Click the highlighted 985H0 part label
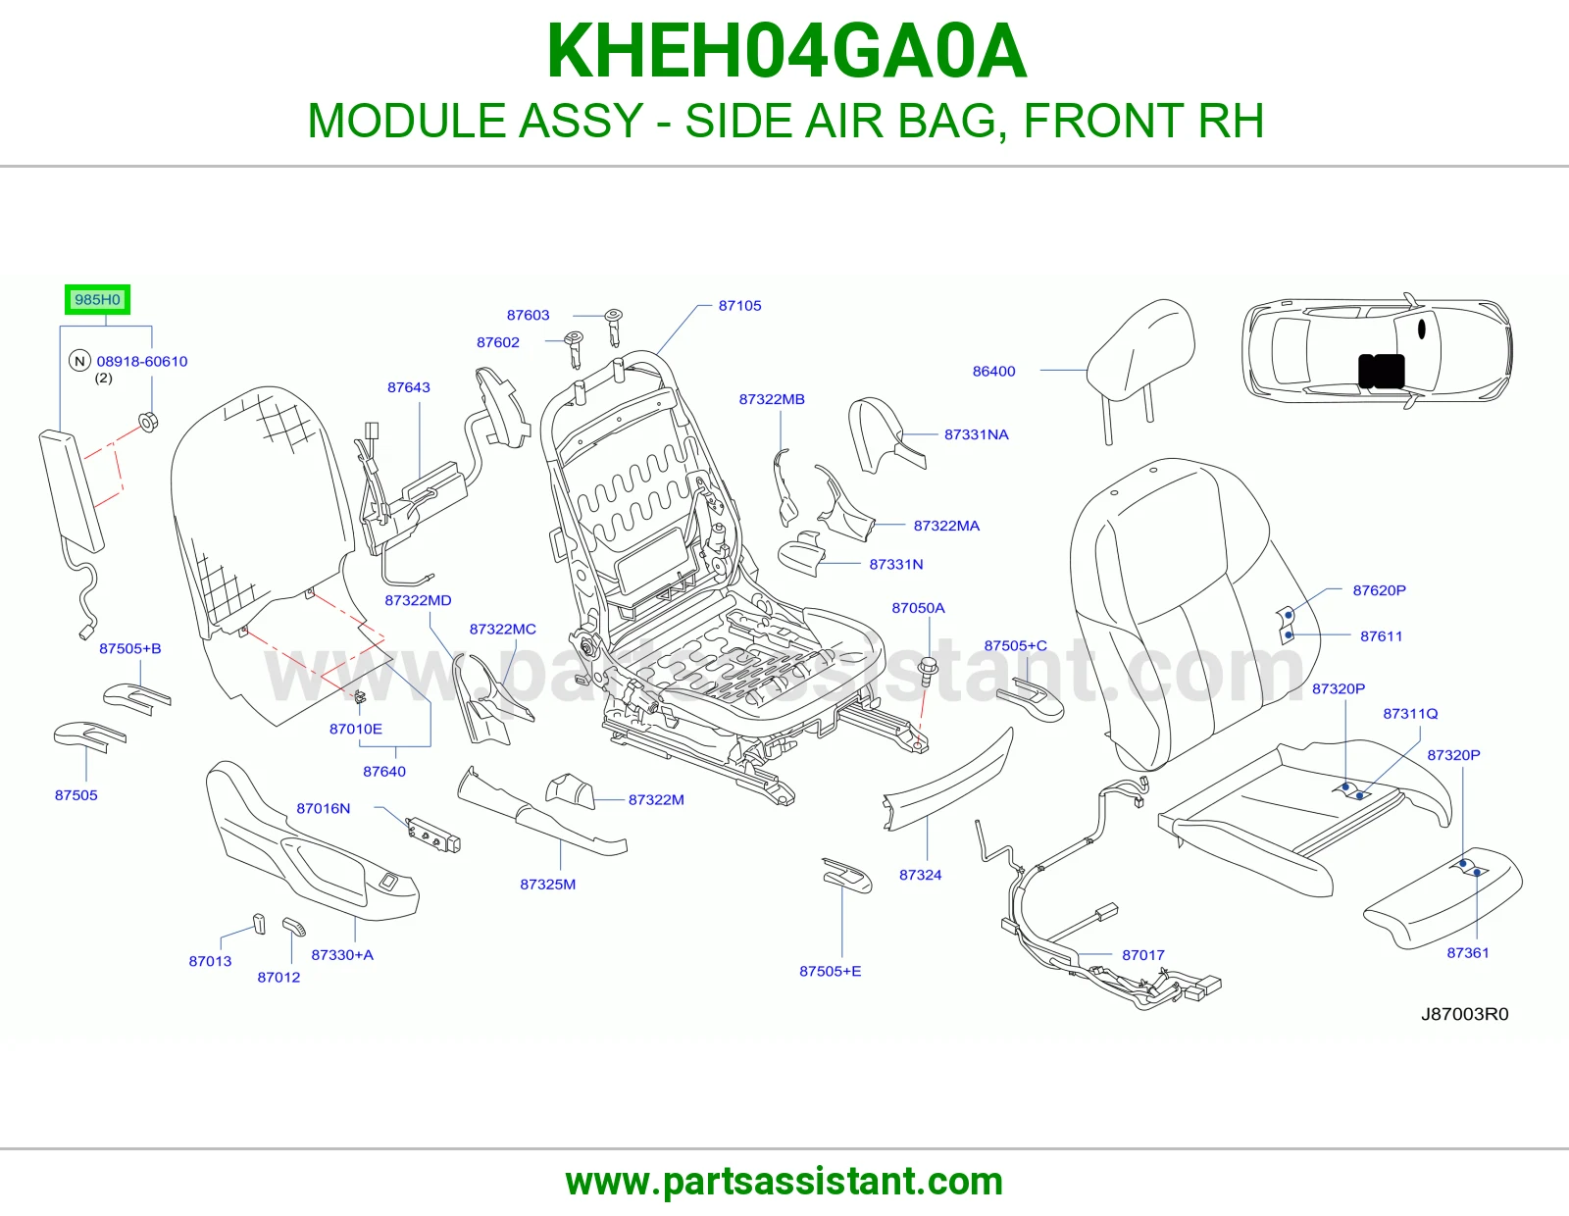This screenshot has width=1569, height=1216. (x=97, y=300)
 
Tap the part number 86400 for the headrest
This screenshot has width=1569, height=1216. (x=993, y=371)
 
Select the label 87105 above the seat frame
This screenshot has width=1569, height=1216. (x=739, y=305)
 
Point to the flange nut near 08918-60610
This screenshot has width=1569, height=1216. (x=147, y=422)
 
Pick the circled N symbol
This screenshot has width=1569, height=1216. (x=79, y=361)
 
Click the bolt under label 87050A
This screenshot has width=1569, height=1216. (x=928, y=673)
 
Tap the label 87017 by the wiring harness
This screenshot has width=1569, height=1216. (x=1143, y=955)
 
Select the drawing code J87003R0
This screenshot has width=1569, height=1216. (x=1464, y=1015)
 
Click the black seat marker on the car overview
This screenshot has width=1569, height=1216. (x=1382, y=371)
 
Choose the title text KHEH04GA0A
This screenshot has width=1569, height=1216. (x=786, y=52)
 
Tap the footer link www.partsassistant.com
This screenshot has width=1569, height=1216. (x=784, y=1182)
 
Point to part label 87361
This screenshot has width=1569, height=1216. (x=1468, y=953)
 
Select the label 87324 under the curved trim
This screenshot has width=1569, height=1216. (x=920, y=875)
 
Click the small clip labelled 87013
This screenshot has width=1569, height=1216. (x=259, y=924)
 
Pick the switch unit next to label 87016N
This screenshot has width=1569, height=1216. (x=432, y=835)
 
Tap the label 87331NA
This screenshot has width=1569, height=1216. (x=976, y=434)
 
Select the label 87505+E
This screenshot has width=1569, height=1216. (x=830, y=971)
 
